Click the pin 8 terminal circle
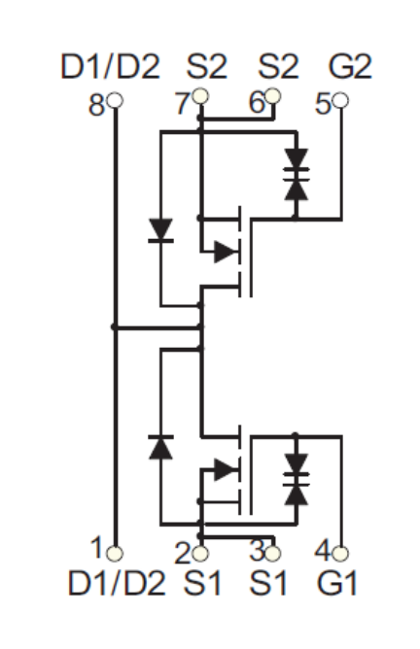point(115,100)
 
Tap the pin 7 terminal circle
point(200,96)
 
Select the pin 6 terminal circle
point(272,96)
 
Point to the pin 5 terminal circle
point(341,100)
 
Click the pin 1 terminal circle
point(115,553)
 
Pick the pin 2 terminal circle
point(200,553)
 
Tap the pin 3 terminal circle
point(272,553)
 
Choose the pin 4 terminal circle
point(340,553)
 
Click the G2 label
point(350,66)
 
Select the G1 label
point(336,583)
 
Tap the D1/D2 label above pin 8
point(110,66)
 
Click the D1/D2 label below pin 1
point(117,583)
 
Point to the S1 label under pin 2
point(202,583)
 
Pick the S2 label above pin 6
point(278,66)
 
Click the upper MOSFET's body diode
point(160,230)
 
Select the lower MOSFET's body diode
point(160,447)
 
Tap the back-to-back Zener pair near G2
point(297,174)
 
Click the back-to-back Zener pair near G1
point(297,479)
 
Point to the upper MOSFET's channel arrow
point(226,252)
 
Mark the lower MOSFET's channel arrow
point(226,469)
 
